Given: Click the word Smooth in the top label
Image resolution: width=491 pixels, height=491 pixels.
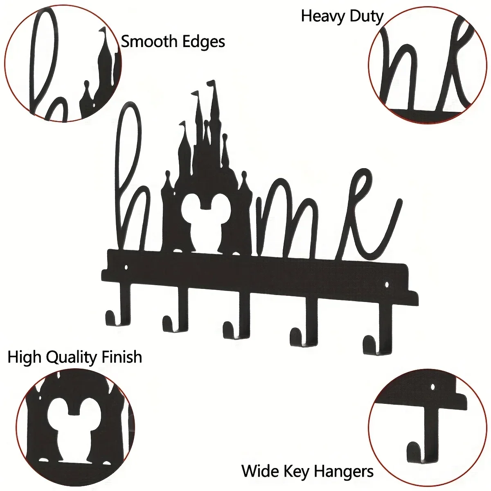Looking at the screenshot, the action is [146, 42].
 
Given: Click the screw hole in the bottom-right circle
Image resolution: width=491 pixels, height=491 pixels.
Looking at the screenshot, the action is [433, 386].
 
